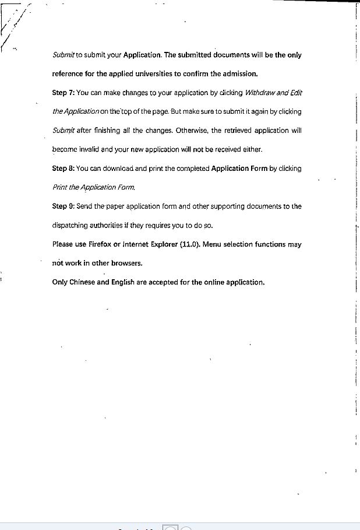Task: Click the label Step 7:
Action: pyautogui.click(x=63, y=93)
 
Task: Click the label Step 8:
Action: pyautogui.click(x=63, y=169)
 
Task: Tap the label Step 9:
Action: pyautogui.click(x=63, y=206)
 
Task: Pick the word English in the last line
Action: pyautogui.click(x=125, y=282)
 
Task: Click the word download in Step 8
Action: pyautogui.click(x=118, y=169)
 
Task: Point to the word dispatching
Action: pyautogui.click(x=74, y=226)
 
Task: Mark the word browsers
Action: pyautogui.click(x=126, y=263)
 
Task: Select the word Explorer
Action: pyautogui.click(x=165, y=244)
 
